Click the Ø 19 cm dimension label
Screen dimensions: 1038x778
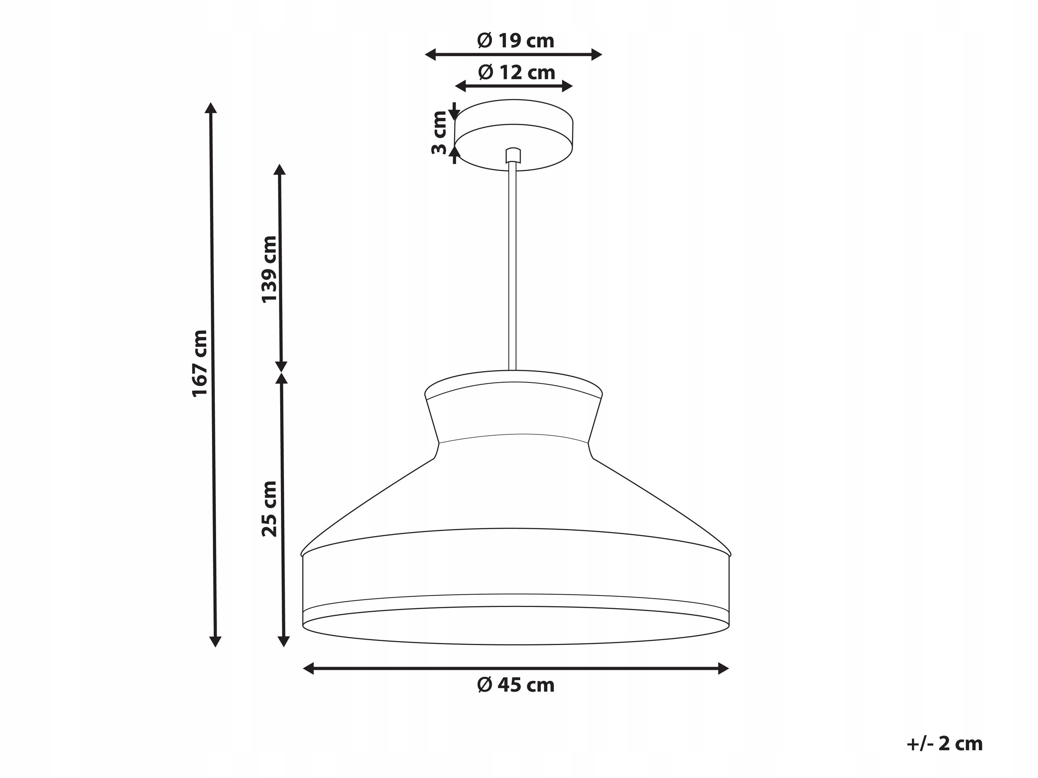click(516, 41)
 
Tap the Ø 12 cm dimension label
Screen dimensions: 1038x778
click(517, 73)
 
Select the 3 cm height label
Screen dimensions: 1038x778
click(439, 133)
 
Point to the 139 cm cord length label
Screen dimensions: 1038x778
click(269, 269)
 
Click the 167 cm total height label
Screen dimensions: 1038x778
click(200, 363)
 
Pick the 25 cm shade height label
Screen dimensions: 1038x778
click(269, 509)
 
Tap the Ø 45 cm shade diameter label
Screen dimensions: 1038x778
click(516, 685)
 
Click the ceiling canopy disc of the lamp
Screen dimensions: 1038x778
click(514, 135)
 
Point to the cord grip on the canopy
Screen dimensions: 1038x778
click(513, 155)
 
